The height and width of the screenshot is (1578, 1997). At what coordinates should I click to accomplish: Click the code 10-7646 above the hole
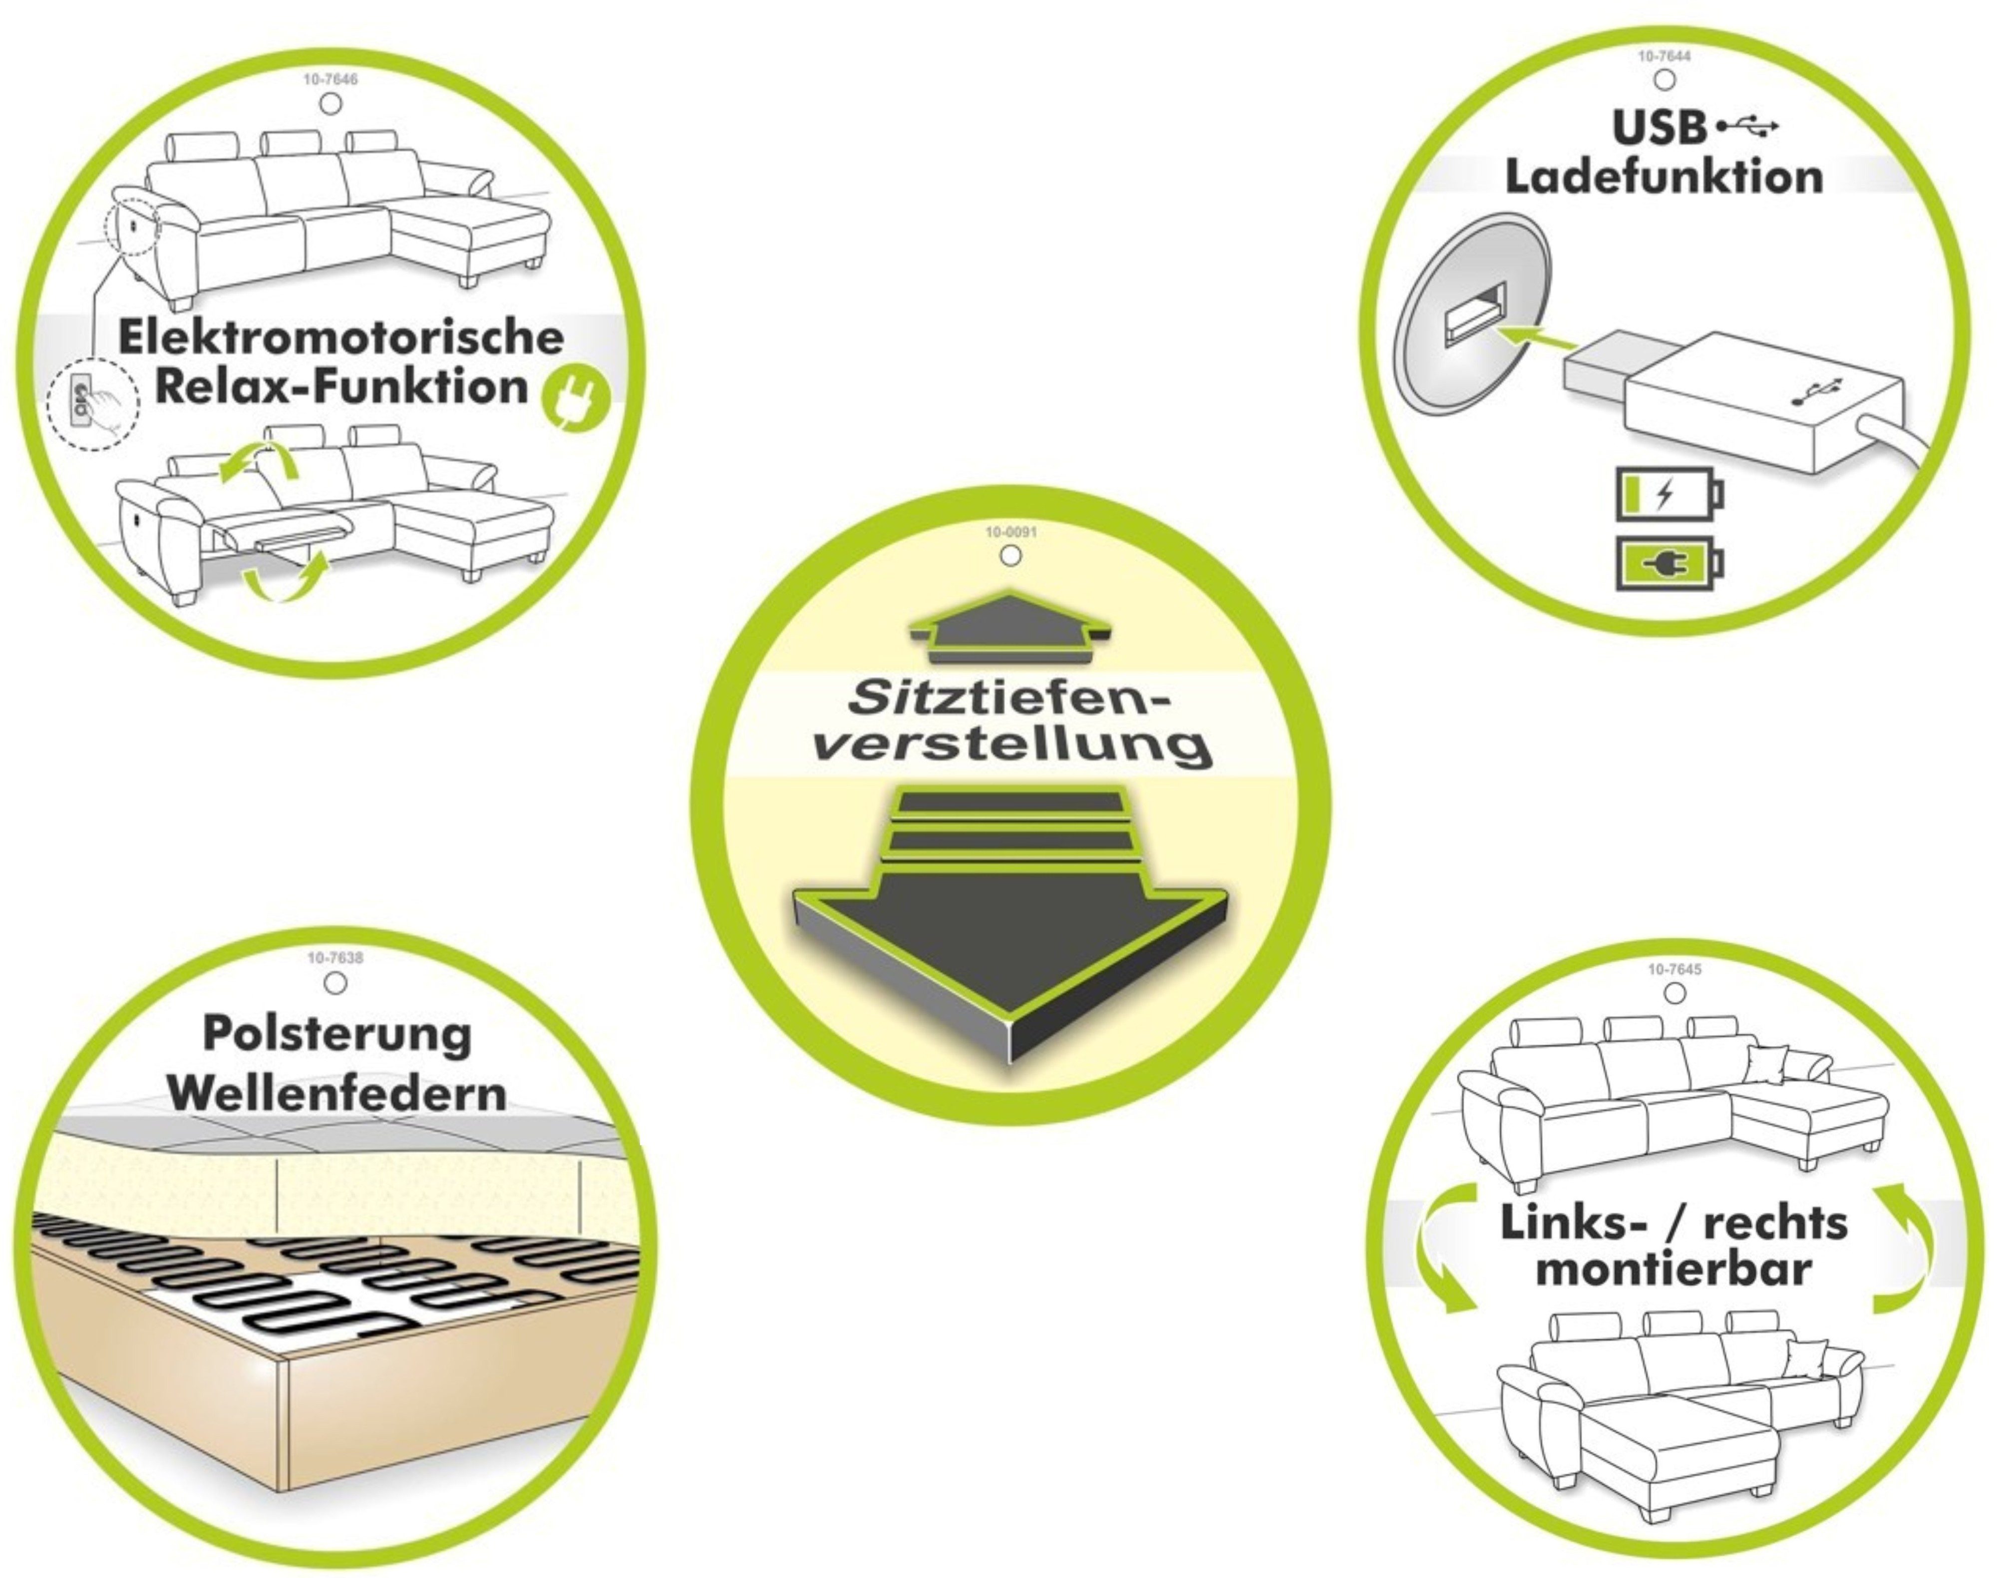pos(330,79)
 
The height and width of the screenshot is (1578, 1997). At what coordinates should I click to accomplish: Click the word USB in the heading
pos(1660,128)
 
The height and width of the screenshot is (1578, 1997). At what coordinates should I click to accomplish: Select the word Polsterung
pos(337,1034)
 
